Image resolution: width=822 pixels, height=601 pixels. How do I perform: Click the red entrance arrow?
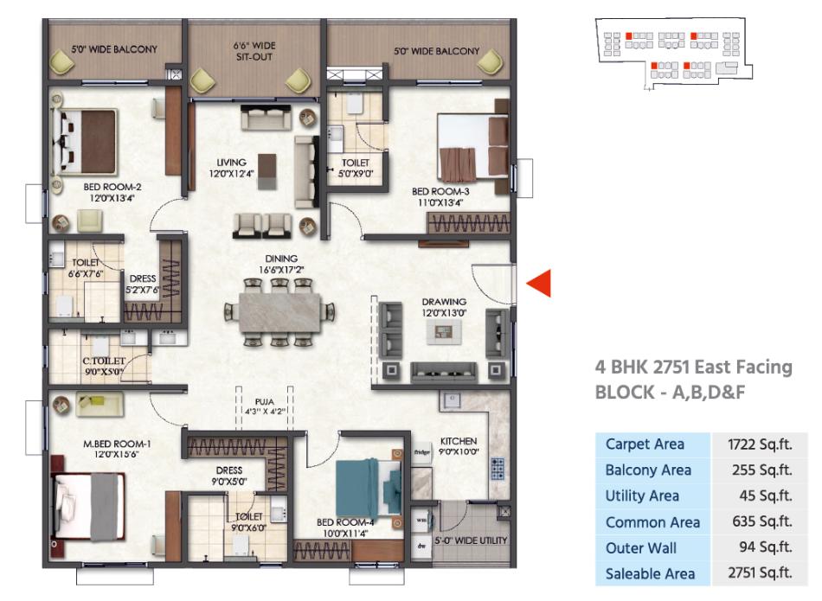(x=539, y=283)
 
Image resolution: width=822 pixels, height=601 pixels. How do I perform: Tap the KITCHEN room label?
(x=459, y=441)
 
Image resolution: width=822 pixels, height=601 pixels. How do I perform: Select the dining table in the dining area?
(x=280, y=312)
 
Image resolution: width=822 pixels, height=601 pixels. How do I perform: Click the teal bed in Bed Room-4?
(x=368, y=488)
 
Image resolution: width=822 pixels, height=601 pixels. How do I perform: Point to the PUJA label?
(x=265, y=401)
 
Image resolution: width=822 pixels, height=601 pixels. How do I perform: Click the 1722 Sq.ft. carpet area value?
(x=760, y=444)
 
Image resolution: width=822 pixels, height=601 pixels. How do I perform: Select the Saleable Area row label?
(x=650, y=573)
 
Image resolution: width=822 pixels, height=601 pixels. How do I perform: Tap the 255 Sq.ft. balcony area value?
(x=761, y=470)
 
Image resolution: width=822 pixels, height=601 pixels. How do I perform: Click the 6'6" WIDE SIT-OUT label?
(x=254, y=51)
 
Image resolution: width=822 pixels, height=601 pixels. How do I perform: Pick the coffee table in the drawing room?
(x=444, y=331)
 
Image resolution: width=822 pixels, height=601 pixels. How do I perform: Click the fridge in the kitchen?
(x=421, y=451)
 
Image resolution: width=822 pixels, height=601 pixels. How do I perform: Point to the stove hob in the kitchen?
(x=497, y=468)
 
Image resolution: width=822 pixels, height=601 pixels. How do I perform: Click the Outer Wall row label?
(x=640, y=548)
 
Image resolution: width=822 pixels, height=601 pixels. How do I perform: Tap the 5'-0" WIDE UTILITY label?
(x=471, y=540)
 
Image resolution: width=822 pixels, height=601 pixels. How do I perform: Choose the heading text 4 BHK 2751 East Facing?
(x=694, y=367)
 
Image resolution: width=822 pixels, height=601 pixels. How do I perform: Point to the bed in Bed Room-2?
(x=85, y=142)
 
